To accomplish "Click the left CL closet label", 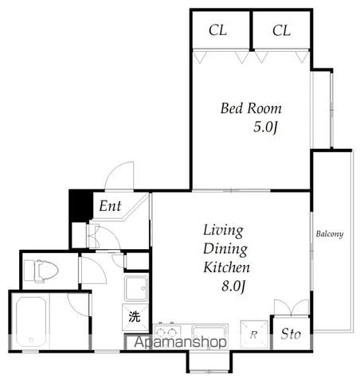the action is point(217,30).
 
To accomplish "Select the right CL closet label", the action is point(281,30).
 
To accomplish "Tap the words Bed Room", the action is point(251,108).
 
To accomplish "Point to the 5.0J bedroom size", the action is point(265,127).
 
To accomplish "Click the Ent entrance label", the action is point(110,206).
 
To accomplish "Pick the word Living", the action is point(223,231).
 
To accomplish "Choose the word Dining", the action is point(225,249).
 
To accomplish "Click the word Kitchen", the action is point(226,267).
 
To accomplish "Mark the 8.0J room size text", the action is point(233,286).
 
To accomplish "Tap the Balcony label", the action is point(330,234).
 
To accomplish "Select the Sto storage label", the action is point(291,333).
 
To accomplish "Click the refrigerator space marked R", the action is point(254,334).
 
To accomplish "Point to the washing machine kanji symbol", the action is point(135,316).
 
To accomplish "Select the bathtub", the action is point(31,322).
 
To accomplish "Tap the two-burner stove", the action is point(167,332).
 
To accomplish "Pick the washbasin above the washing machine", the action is point(136,288).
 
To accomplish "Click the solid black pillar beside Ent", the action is point(81,205).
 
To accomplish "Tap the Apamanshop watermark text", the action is point(180,342).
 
